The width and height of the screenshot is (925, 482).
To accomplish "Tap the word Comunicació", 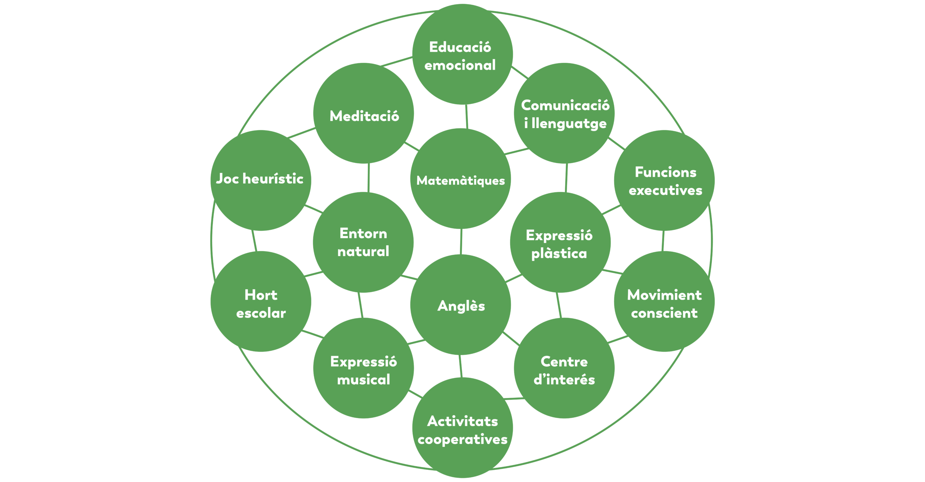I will click(565, 105).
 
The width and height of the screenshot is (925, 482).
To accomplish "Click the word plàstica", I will click(559, 253).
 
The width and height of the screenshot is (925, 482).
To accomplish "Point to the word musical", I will click(363, 379).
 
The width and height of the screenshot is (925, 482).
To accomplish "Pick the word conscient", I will click(664, 313).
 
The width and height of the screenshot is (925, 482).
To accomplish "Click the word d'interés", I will click(564, 379).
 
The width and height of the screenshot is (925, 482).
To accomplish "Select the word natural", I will click(363, 251).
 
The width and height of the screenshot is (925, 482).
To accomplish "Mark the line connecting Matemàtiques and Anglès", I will click(461, 242).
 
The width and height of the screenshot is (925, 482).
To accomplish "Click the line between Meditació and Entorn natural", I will click(368, 178).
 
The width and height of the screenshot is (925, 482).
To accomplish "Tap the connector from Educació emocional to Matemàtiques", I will click(466, 116).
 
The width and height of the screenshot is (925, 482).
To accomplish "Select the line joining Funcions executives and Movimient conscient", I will click(663, 241).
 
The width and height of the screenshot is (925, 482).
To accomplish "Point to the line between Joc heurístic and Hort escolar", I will click(254, 241).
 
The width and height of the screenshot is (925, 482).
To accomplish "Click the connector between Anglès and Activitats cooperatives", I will click(460, 366).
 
